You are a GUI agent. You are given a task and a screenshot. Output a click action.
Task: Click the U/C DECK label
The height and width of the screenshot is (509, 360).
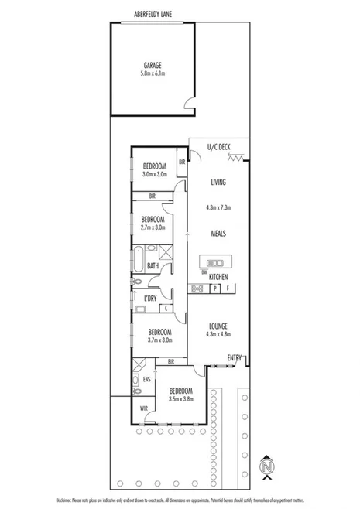(x=219, y=147)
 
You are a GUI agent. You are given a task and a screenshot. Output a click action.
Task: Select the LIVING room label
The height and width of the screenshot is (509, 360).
(x=218, y=182)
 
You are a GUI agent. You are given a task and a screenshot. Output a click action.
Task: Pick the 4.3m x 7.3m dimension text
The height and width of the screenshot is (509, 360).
(x=218, y=207)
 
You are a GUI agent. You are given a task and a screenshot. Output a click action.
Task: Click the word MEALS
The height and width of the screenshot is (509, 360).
(x=218, y=233)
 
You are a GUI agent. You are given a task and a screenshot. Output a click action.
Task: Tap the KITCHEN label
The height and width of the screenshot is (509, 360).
(x=218, y=276)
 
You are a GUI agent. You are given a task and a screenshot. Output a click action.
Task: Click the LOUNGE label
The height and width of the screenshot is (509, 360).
(x=218, y=326)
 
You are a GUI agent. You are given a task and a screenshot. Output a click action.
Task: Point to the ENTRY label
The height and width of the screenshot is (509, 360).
(x=234, y=357)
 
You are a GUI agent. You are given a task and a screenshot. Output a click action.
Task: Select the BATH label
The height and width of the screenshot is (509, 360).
(x=153, y=265)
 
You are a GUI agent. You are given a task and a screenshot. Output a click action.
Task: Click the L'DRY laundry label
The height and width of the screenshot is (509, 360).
(x=151, y=298)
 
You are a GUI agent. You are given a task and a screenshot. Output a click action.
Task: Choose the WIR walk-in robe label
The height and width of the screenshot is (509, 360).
(x=144, y=408)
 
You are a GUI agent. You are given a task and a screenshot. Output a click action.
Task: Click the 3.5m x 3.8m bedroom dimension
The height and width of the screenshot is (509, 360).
(x=180, y=399)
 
